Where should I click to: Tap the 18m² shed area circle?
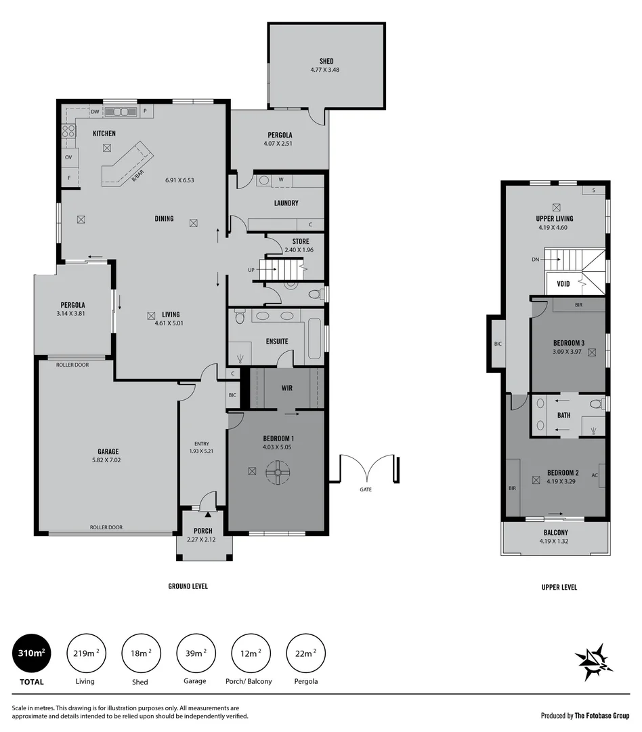(x=140, y=653)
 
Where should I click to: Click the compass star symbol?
(x=593, y=662)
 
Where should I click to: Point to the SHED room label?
(x=326, y=61)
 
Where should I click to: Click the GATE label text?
(x=366, y=489)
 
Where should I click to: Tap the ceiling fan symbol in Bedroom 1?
(x=277, y=472)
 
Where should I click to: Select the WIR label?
(x=287, y=388)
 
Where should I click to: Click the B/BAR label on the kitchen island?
(x=138, y=174)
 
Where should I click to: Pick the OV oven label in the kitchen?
(x=68, y=157)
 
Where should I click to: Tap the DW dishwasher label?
(x=95, y=112)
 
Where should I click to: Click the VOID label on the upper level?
(x=563, y=284)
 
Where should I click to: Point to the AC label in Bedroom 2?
(x=595, y=475)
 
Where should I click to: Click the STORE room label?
(x=301, y=241)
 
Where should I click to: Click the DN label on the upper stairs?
(x=536, y=260)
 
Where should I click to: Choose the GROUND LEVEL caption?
(x=188, y=586)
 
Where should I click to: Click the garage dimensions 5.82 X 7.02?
(x=108, y=460)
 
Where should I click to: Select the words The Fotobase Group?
(x=602, y=715)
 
